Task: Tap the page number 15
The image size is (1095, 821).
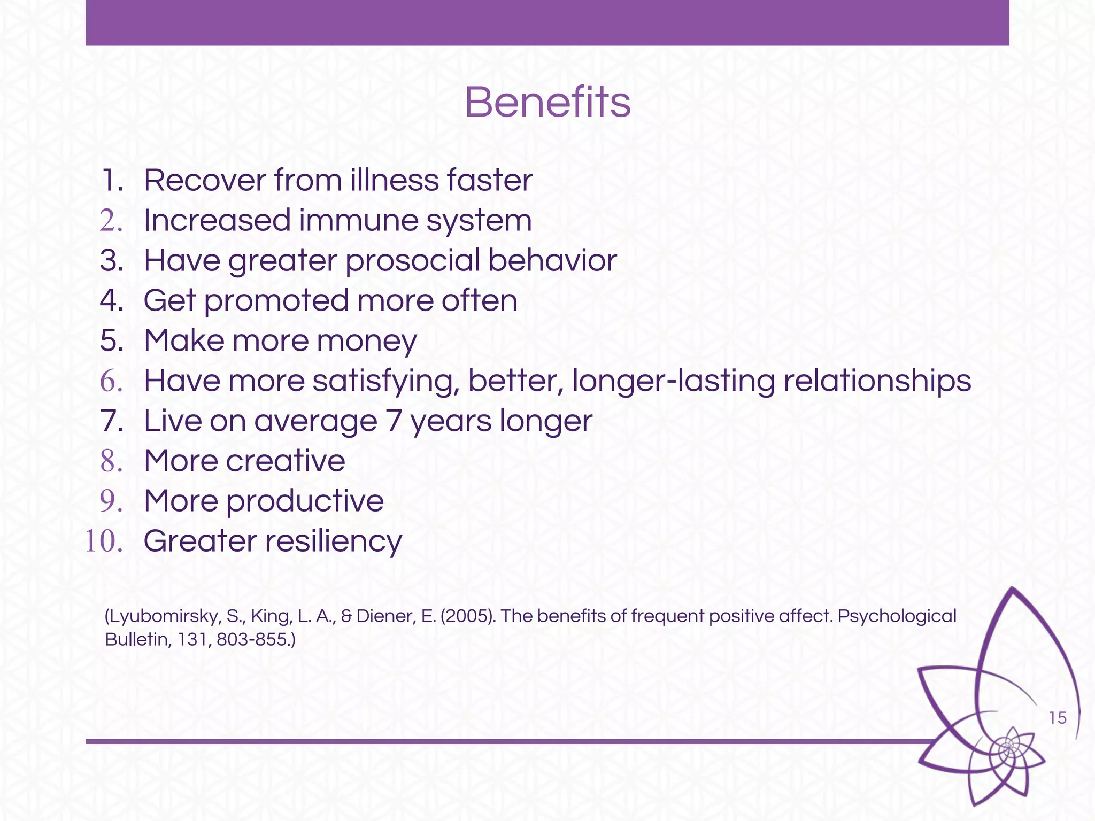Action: pos(1058,718)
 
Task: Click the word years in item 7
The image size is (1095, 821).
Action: pos(451,421)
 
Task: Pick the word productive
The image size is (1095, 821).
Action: pos(304,501)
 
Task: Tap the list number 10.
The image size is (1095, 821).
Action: pos(103,541)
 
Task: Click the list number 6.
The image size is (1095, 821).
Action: pos(111,381)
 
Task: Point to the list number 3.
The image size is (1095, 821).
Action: pos(111,261)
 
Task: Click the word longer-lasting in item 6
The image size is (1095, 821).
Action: pos(673,381)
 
